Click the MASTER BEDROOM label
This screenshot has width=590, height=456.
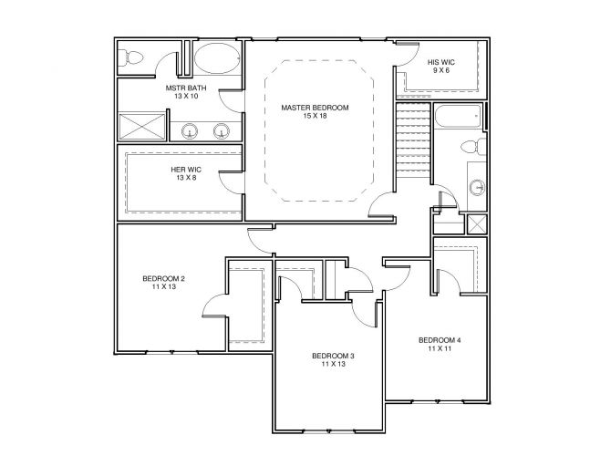point(315,108)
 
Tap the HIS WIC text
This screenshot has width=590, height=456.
point(441,62)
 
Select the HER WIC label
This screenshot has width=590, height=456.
point(186,170)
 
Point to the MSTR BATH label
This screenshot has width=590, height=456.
point(186,88)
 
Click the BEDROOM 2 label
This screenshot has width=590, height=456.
point(163,279)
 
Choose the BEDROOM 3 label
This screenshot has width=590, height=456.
point(334,356)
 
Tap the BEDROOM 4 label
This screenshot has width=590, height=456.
point(440,340)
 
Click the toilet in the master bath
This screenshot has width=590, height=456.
point(130,58)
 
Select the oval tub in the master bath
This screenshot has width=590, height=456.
point(217,58)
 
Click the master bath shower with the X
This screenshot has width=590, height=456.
point(142,126)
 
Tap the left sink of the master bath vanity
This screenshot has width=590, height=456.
point(190,131)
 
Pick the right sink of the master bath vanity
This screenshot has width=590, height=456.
point(222,131)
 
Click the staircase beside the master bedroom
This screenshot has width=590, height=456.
point(413,140)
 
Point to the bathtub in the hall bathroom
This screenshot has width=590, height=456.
point(458,116)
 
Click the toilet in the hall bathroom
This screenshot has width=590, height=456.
point(473,146)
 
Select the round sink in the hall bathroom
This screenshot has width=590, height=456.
point(478,187)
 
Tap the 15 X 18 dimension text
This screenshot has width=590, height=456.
point(315,116)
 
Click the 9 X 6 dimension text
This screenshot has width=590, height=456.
point(441,70)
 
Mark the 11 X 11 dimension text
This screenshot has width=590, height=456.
point(440,348)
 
